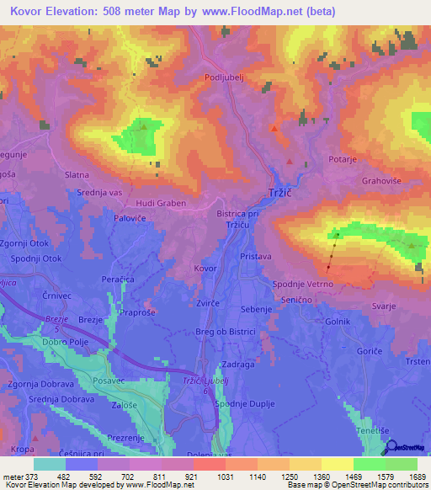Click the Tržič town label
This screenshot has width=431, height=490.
coord(279,192)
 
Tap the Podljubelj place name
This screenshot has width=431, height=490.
coord(223,77)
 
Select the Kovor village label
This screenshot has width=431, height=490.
coord(205,269)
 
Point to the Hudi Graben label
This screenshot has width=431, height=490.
coord(160,204)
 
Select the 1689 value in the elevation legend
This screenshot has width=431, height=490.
coord(418,476)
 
